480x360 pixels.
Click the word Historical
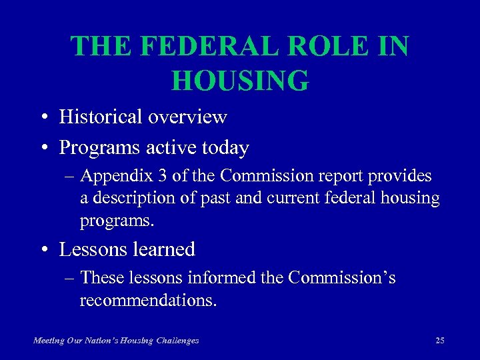101,117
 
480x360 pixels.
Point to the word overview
188,117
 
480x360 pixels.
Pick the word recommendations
148,300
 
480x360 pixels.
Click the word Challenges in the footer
177,340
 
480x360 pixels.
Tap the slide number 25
439,340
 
